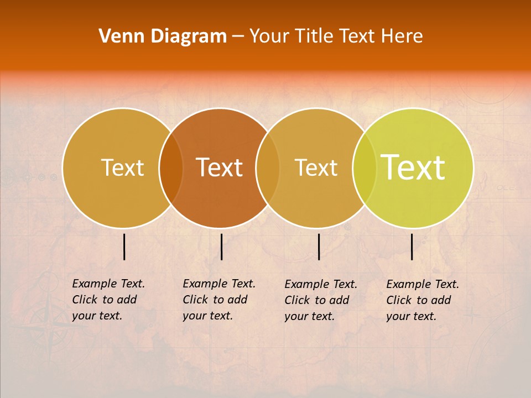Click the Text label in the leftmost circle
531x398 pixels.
122,167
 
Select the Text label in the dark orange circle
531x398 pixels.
220,167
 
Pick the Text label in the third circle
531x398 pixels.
316,167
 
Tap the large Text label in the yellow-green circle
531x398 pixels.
413,167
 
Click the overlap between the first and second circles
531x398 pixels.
171,168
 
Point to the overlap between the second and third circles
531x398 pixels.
268,168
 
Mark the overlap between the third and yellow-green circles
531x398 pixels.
365,168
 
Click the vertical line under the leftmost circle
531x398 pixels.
124,247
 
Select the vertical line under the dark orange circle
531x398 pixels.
221,247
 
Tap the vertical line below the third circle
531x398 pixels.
319,247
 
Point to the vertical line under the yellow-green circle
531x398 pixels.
412,247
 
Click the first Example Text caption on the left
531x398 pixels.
108,300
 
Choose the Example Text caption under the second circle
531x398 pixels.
218,300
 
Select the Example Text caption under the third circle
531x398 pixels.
320,300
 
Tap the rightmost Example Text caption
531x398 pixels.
422,300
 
